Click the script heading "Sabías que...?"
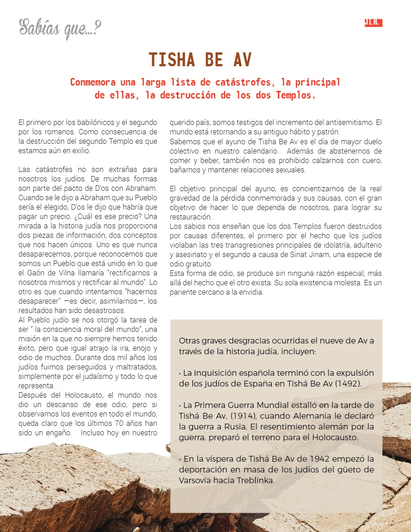[60, 28]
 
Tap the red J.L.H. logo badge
[373, 23]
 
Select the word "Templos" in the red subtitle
[293, 95]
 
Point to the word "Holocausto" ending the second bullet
[338, 438]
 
